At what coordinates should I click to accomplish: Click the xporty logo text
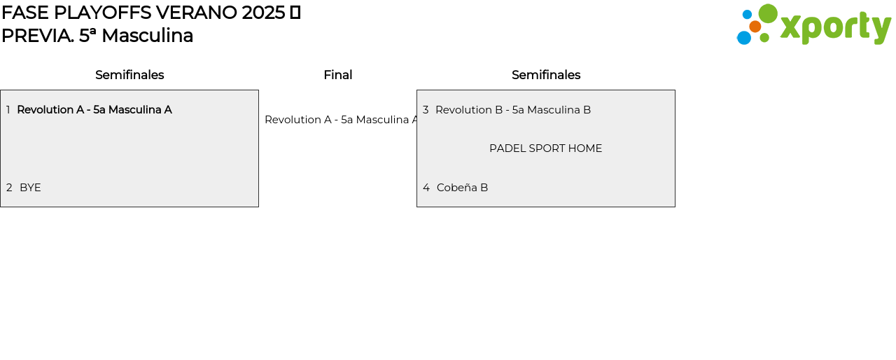click(836, 27)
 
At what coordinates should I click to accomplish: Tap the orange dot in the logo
click(755, 27)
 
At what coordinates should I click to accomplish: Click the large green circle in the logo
click(768, 13)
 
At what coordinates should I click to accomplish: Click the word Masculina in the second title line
click(147, 36)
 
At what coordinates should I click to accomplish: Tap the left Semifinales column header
click(129, 75)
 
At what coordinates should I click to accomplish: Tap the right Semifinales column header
click(546, 75)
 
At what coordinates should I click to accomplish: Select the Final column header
click(338, 75)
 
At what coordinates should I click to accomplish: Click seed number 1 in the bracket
click(8, 109)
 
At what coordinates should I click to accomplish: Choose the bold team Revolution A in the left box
click(94, 109)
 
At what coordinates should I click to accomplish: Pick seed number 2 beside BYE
click(9, 188)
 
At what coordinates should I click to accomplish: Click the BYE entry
click(30, 188)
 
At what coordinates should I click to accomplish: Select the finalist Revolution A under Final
click(341, 120)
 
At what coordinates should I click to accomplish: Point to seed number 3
click(426, 109)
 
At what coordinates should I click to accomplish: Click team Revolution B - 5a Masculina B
click(513, 109)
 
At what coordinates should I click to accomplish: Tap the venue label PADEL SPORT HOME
click(545, 148)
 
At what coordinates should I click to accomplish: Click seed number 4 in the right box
click(426, 188)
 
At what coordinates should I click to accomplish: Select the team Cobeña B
click(463, 188)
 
